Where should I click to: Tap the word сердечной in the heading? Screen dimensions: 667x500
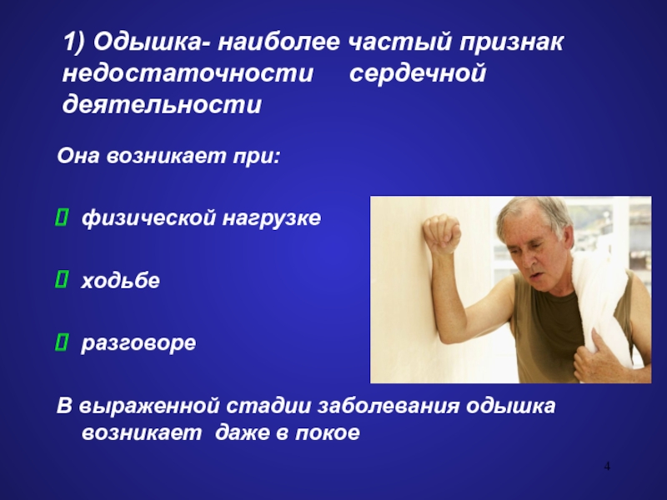click(418, 72)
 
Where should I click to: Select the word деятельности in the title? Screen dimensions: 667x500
click(162, 105)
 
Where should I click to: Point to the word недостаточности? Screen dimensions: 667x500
click(188, 72)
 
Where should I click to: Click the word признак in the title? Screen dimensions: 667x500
click(511, 43)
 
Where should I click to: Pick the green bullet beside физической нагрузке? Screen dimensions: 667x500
click(61, 217)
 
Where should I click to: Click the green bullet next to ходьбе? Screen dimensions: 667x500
click(61, 280)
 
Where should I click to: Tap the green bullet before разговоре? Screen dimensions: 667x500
click(61, 342)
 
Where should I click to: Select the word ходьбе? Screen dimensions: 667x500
click(120, 281)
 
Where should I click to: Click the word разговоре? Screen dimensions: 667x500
click(138, 343)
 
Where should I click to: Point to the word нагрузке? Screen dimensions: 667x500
click(272, 218)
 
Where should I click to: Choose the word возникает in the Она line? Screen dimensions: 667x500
click(166, 156)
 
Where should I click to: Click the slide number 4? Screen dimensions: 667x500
click(607, 466)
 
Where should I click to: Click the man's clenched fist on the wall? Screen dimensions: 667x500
click(443, 233)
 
